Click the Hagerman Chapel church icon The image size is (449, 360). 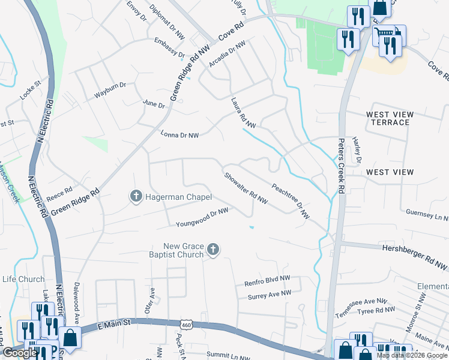(x=136, y=196)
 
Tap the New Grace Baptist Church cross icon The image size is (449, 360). (x=213, y=250)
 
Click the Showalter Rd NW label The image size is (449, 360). (x=246, y=189)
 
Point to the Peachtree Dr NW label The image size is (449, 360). (x=291, y=201)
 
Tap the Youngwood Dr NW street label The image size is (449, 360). (x=202, y=218)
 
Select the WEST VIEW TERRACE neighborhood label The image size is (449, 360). (x=390, y=118)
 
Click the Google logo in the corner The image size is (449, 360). (x=20, y=353)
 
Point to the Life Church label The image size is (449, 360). (x=23, y=279)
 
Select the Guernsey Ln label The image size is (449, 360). (x=427, y=213)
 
